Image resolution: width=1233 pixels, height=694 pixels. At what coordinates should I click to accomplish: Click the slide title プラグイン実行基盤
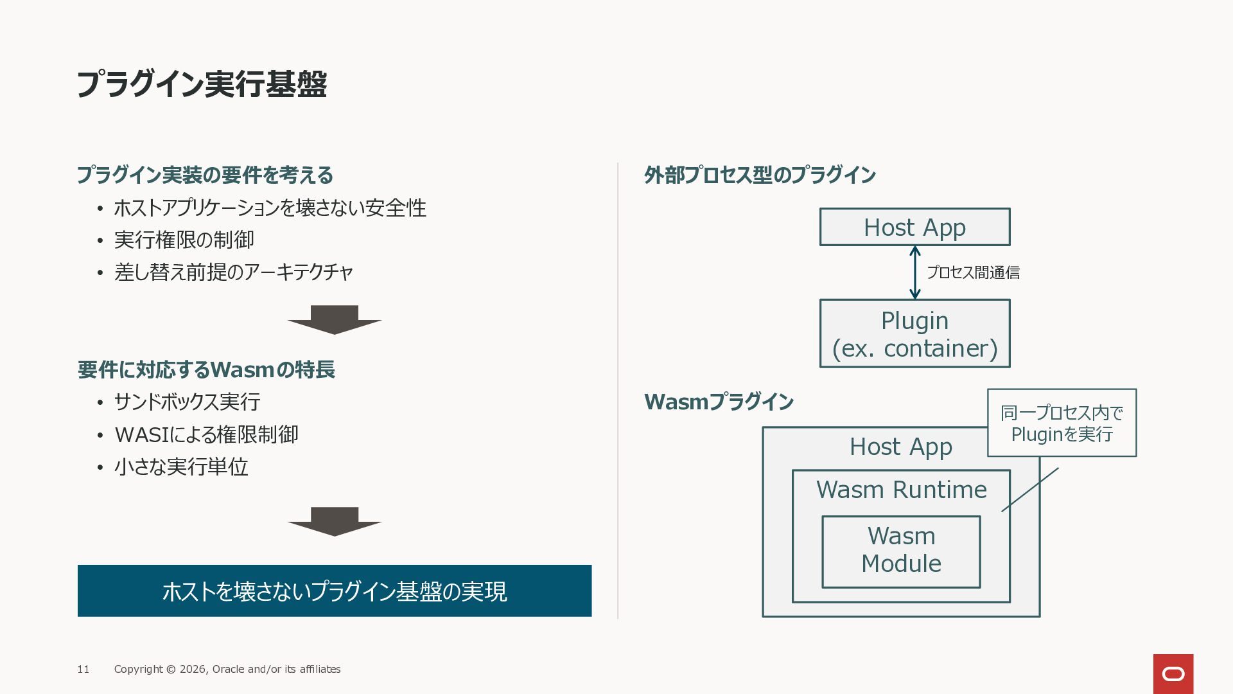[202, 84]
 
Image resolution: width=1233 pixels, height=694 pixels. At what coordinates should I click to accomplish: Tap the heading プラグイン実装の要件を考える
[205, 175]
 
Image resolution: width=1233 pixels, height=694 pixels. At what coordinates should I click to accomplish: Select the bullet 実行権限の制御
[184, 240]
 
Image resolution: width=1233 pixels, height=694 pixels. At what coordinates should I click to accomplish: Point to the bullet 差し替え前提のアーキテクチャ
[234, 272]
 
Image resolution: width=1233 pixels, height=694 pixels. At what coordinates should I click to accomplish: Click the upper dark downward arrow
[334, 319]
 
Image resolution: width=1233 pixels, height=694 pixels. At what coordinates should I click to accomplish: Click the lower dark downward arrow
[334, 521]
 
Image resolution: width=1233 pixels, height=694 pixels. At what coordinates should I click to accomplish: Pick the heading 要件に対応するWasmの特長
[206, 369]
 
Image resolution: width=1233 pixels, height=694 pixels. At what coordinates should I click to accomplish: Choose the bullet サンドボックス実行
[187, 402]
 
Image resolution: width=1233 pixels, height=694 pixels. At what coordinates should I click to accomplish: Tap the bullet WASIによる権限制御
[206, 434]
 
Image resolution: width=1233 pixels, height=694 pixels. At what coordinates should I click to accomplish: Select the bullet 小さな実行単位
[181, 467]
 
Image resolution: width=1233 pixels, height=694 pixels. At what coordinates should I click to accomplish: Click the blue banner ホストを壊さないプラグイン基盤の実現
[334, 591]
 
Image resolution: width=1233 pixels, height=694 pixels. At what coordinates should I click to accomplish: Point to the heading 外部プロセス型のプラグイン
[760, 175]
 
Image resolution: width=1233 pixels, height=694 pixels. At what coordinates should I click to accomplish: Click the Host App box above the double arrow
[914, 227]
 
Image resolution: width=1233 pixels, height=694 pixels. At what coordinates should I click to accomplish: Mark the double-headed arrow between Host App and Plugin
[915, 272]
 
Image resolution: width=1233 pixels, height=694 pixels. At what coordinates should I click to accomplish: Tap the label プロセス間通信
[973, 272]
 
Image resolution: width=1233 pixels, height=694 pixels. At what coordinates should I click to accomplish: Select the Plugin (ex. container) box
[914, 334]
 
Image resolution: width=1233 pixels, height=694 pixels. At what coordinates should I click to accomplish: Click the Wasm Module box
[901, 551]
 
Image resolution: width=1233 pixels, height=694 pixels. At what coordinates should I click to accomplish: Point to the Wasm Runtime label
[901, 490]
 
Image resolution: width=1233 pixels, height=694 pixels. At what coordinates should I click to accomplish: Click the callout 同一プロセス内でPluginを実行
[1062, 423]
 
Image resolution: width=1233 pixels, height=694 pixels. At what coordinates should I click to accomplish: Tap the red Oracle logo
[1173, 674]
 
